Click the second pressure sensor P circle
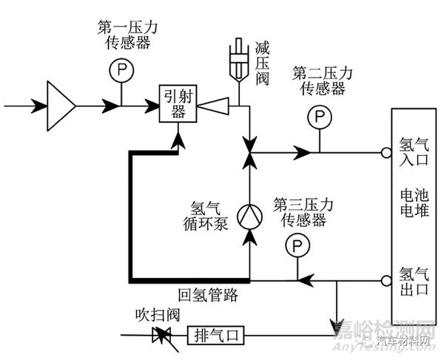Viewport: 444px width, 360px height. coord(319,118)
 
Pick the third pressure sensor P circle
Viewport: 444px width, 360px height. coord(297,244)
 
